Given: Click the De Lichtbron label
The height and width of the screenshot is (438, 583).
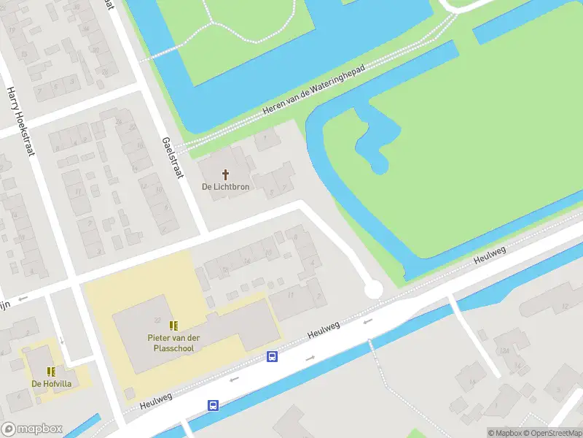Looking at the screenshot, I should point(225,187).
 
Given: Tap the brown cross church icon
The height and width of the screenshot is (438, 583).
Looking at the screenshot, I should point(226,174).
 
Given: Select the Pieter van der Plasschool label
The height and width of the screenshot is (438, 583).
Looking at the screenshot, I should point(173,342).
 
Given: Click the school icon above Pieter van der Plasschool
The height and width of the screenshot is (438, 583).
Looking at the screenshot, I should point(173,326).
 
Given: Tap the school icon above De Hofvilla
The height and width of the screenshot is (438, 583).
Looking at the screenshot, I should point(50,372).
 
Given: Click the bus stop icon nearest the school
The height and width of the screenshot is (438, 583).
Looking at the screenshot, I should point(272,357).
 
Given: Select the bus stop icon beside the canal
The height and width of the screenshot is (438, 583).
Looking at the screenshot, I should point(214,405).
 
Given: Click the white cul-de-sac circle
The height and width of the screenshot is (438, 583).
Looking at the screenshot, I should point(373,291).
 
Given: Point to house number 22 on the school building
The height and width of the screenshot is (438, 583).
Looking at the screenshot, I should point(157,320).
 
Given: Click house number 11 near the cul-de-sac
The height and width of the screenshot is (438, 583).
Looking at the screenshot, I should point(291,295).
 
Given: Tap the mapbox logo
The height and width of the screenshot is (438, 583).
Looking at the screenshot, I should point(32,429).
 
